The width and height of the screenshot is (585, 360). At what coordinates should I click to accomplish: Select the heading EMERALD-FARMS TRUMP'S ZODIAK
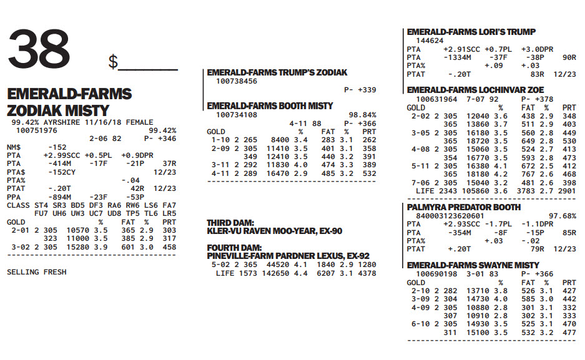coord(277,72)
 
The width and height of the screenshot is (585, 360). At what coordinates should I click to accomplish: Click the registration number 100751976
coord(37,130)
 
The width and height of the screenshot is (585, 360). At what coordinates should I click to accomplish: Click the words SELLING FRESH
coord(36,272)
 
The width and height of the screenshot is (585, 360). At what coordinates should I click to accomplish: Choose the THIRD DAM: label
coord(230,223)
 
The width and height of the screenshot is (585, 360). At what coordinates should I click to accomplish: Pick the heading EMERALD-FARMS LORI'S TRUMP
coord(471,32)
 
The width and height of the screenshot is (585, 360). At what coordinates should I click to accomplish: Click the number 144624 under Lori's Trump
coord(430,41)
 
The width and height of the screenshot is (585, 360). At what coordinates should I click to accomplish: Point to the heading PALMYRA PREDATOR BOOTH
coord(463,207)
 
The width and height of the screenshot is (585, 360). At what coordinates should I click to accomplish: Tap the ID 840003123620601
coord(445,216)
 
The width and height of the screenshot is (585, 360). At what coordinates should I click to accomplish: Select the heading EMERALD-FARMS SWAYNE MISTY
coord(473,265)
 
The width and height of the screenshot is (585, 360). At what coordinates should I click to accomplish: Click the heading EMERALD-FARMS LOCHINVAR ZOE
coord(476,90)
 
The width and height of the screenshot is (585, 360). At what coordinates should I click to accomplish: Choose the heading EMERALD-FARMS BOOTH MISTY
coord(270,106)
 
